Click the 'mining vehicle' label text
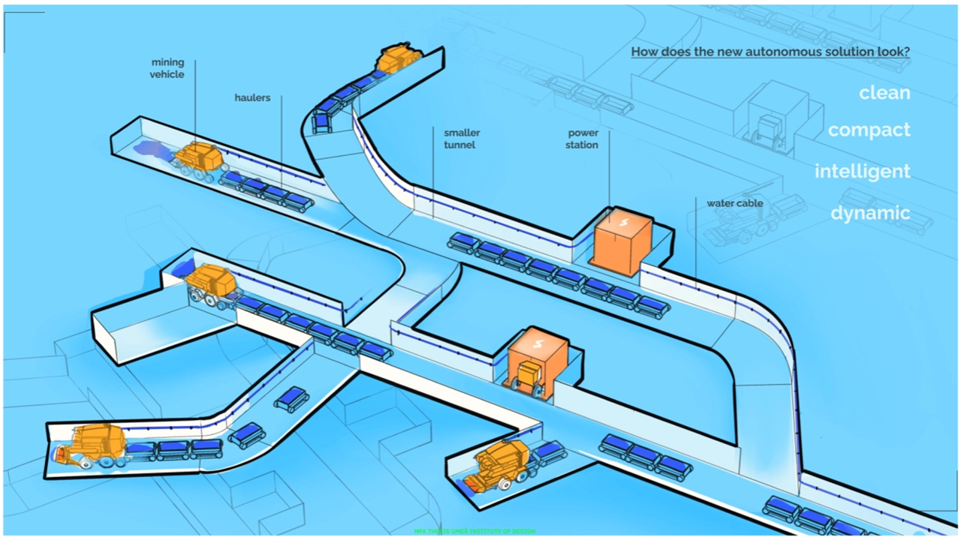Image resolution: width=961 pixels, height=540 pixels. (x=167, y=68)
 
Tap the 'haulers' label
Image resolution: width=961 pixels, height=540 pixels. (x=252, y=97)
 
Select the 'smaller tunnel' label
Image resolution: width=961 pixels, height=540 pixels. (x=461, y=138)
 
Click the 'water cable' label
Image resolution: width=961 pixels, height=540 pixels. (x=734, y=203)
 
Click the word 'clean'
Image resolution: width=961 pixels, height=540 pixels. (x=884, y=93)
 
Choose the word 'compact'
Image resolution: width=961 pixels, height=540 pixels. (x=869, y=130)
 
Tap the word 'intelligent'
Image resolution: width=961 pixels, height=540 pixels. (x=862, y=171)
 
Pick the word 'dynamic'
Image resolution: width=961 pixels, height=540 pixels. (x=870, y=213)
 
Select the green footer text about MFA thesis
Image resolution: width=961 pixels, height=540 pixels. (x=474, y=531)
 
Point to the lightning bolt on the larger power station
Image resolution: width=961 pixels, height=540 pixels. (x=622, y=222)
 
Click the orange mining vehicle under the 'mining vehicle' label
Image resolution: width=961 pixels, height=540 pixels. (x=199, y=158)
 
